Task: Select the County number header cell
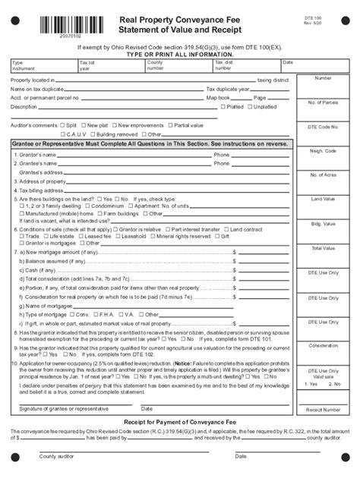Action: click(155, 65)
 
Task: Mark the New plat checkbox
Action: click(84, 124)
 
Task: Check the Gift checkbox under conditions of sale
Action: click(217, 235)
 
